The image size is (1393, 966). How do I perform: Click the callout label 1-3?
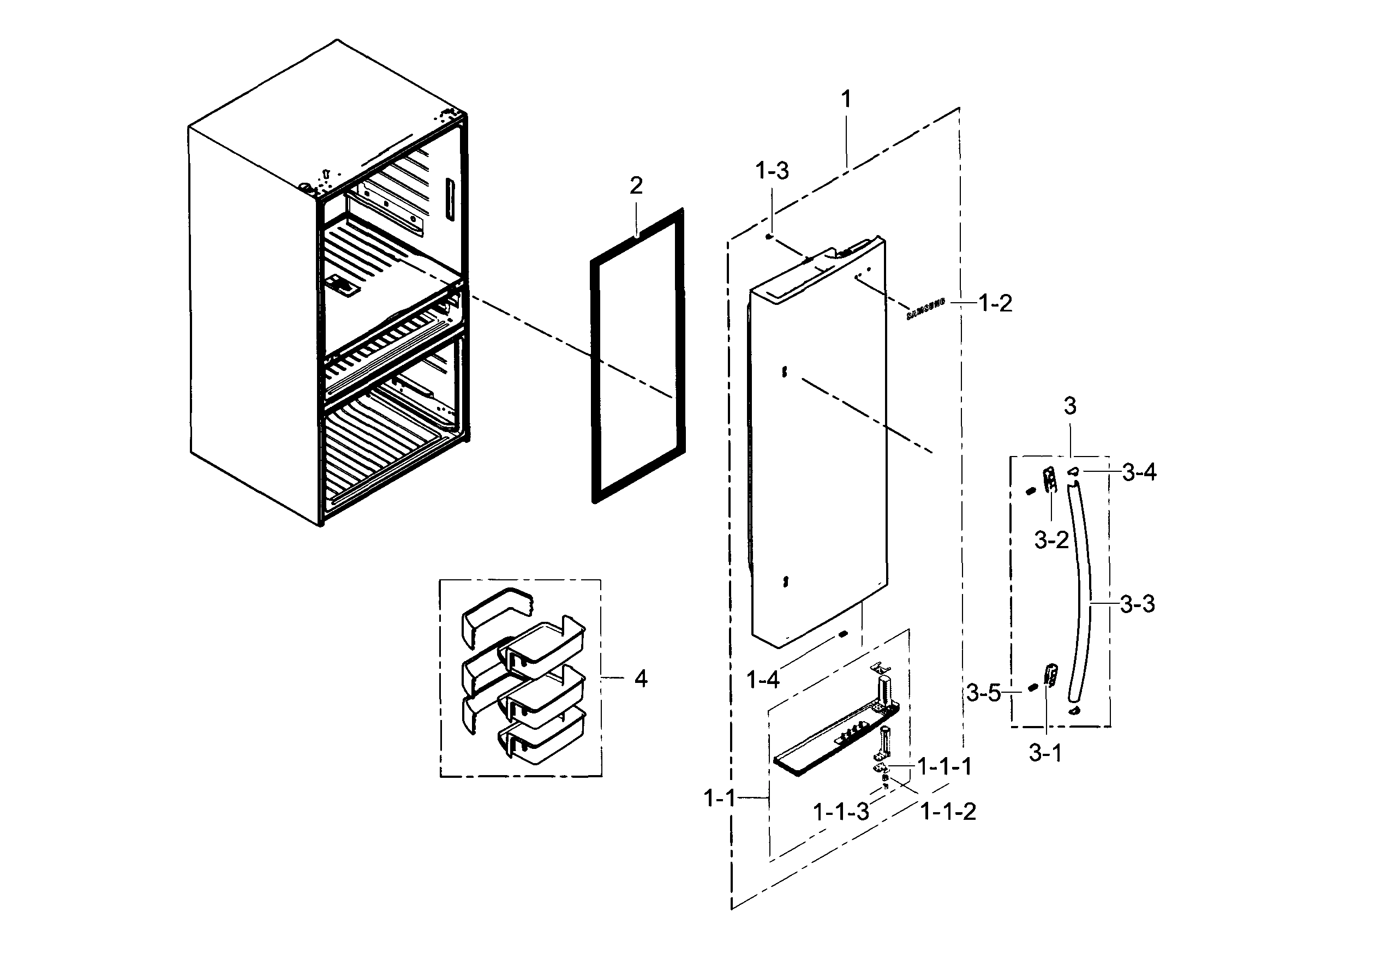(772, 171)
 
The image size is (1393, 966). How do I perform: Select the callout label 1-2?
(995, 303)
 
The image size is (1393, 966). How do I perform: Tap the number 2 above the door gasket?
(636, 185)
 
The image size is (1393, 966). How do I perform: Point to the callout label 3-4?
(1139, 472)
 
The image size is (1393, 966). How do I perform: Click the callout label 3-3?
(1137, 603)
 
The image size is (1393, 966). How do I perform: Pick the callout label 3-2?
(1051, 539)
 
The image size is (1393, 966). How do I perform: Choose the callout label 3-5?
(983, 693)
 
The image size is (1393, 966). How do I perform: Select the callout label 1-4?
(763, 680)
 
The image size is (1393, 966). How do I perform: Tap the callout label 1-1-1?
(944, 766)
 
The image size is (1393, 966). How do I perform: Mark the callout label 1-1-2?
(948, 812)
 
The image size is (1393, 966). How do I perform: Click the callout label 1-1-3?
(841, 812)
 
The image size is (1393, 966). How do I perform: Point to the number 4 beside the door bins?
(641, 679)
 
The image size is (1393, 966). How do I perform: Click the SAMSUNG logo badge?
(925, 309)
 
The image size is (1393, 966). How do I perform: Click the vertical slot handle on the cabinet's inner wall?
(449, 199)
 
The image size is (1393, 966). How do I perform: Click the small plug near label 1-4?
(841, 634)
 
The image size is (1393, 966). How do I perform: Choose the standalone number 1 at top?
(846, 99)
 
